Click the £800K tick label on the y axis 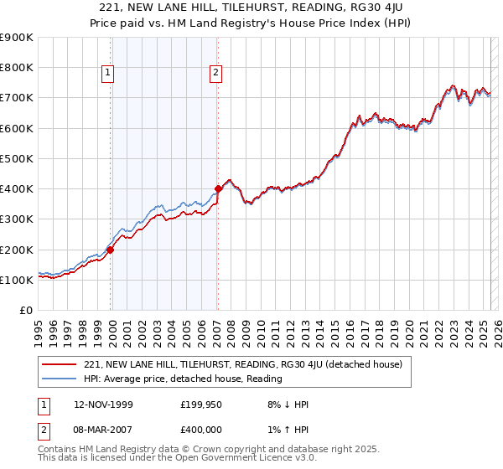17,68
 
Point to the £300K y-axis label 17,219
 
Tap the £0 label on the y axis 26,311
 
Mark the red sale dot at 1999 110,250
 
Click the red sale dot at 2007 218,189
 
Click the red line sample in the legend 60,365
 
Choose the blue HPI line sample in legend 60,379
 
